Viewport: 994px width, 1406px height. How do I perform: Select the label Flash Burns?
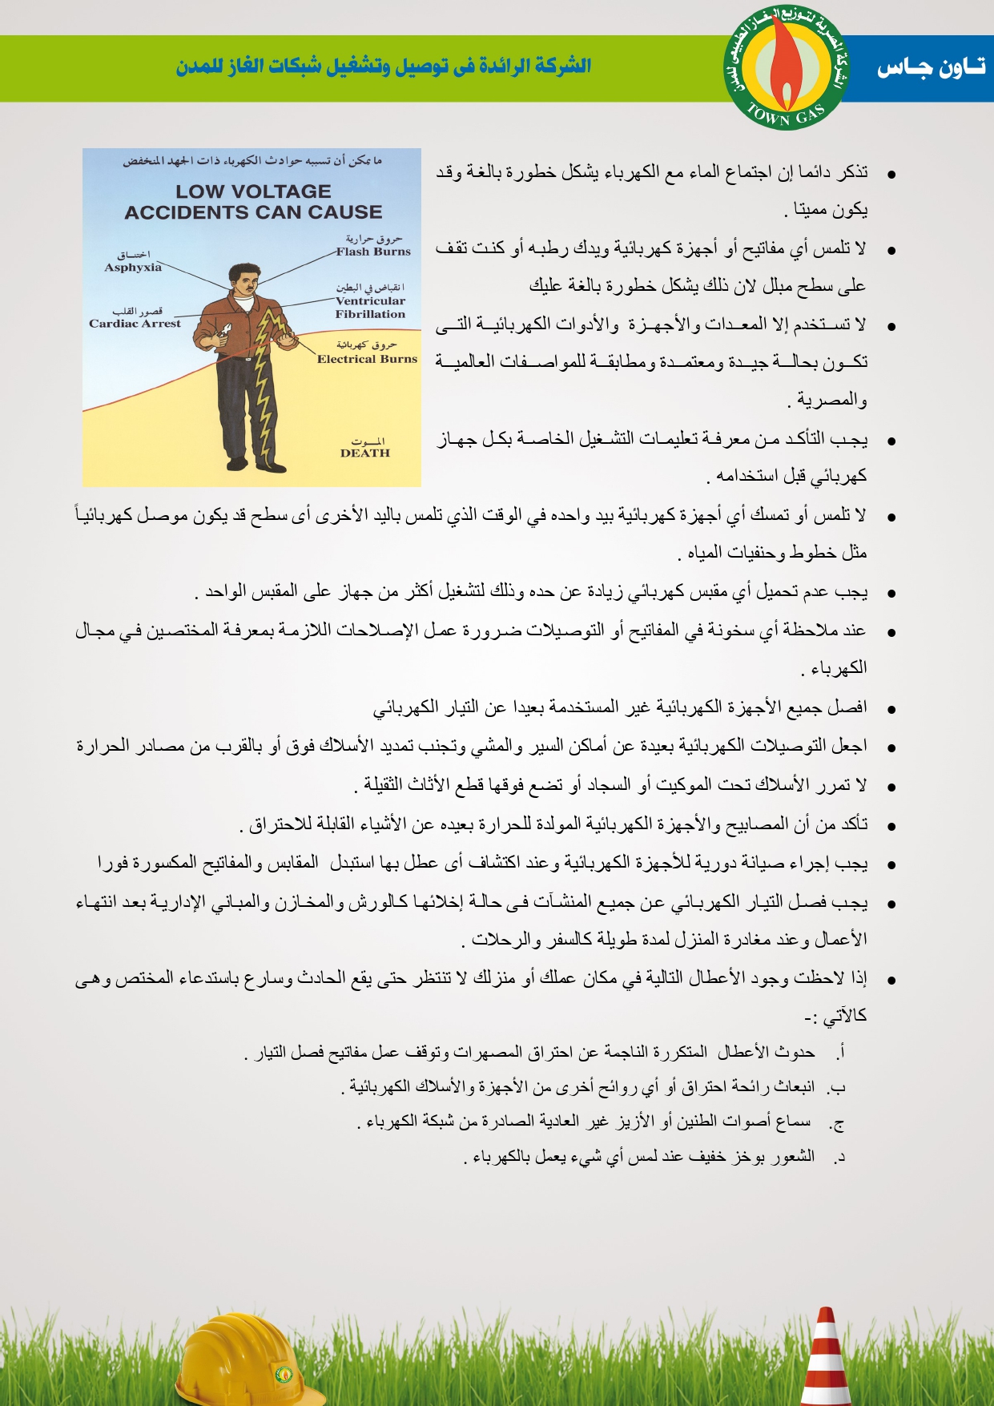coord(373,252)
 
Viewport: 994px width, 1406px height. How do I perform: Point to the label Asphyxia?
coord(133,268)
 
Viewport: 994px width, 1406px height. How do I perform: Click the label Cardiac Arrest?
coord(135,324)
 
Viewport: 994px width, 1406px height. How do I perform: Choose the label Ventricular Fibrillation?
coord(370,308)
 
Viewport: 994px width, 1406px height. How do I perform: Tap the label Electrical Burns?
coord(367,359)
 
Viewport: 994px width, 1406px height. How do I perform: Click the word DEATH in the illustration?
coord(365,453)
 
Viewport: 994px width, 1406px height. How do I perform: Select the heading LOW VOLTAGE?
coord(253,191)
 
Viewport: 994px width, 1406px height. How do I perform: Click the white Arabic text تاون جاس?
coord(931,69)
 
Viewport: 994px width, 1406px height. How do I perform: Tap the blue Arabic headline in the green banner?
coord(384,66)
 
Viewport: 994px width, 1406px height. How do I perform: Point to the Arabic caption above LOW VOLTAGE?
coord(252,161)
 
